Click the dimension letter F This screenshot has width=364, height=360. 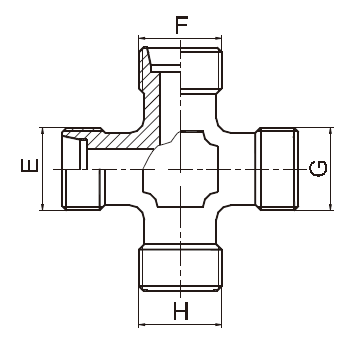pos(180,24)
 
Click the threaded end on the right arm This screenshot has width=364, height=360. pos(275,168)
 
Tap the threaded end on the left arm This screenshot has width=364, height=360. pos(80,168)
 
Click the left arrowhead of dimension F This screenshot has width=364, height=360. pos(142,41)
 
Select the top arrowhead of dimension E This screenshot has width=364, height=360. pos(43,130)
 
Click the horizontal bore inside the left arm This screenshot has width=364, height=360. pos(115,158)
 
